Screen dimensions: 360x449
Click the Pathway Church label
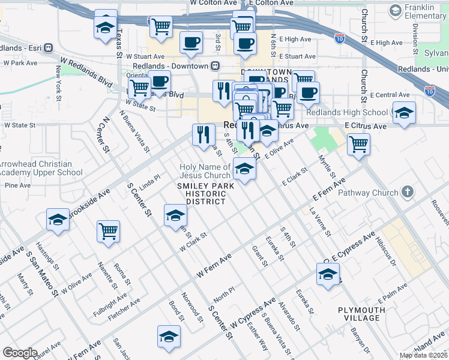(x=368, y=193)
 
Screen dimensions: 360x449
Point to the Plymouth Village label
(x=361, y=314)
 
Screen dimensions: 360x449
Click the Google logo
(x=20, y=353)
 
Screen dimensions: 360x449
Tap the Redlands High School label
(x=346, y=112)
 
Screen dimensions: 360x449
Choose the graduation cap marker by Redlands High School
(x=404, y=112)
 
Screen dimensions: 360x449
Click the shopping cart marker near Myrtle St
(x=358, y=144)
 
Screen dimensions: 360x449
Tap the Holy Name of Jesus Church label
(x=205, y=171)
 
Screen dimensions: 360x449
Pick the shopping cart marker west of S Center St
(x=108, y=231)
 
